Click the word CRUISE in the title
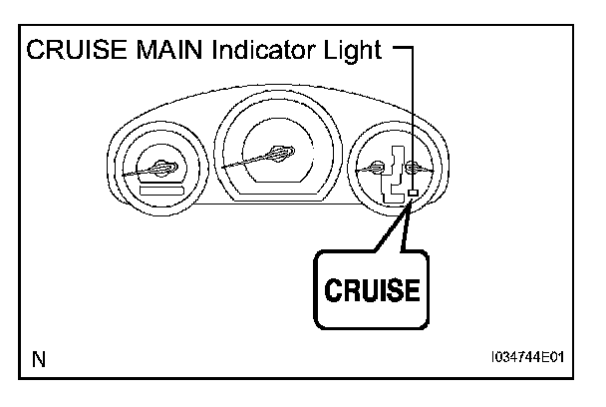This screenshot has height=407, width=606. pos(77,50)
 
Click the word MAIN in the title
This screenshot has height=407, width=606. pos(169,50)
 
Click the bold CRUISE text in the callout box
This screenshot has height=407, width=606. pos(372,289)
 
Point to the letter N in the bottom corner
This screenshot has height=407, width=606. pos(39,359)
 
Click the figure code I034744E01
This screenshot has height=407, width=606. pos(527,357)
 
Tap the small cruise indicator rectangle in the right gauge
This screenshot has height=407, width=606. pos(414,193)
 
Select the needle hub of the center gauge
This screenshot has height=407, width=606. pos(280,153)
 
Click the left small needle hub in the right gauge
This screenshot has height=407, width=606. pos(376,168)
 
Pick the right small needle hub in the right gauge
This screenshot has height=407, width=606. pos(414,168)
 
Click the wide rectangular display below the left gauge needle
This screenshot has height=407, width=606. pos(161,191)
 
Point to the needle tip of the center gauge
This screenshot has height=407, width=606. pos(222,168)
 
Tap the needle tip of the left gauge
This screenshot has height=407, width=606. pos(124,176)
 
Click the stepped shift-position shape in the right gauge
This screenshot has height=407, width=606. pos(394,175)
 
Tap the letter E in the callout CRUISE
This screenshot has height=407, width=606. pos(413,289)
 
